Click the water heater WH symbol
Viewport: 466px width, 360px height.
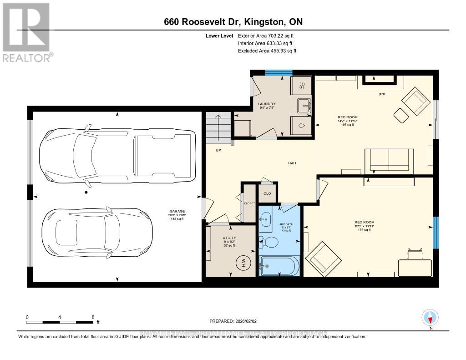coord(243,263)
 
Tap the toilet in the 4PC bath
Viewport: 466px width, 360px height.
coord(269,242)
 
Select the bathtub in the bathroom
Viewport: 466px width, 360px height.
coord(279,266)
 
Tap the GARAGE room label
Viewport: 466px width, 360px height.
coord(177,212)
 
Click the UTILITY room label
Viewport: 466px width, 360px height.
coord(228,238)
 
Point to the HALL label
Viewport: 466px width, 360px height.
coord(292,163)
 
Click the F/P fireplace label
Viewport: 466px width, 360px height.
coord(382,95)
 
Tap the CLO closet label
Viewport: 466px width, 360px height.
coord(268,193)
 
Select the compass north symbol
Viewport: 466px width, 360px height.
coord(430,317)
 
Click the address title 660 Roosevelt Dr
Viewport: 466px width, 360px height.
coord(233,21)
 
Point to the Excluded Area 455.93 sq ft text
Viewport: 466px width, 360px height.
coord(267,51)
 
